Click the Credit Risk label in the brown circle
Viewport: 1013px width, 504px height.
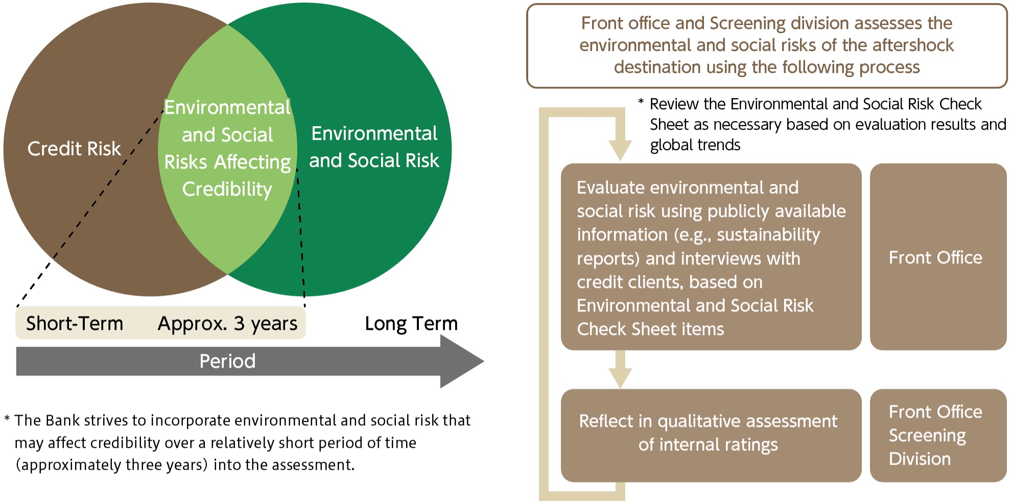click(x=74, y=149)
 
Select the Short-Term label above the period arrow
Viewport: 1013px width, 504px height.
click(x=75, y=323)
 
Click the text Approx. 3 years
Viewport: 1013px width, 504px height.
click(x=227, y=324)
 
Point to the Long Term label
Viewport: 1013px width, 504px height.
click(x=411, y=324)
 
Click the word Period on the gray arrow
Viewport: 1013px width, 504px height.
click(x=227, y=361)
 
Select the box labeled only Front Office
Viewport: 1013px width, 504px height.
click(x=938, y=257)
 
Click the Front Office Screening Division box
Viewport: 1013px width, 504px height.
click(x=938, y=436)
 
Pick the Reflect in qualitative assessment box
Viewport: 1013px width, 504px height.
click(x=711, y=436)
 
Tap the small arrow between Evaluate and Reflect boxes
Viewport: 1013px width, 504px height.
click(x=620, y=369)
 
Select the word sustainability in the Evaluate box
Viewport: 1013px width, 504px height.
click(x=768, y=234)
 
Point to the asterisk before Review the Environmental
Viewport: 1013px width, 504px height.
click(x=641, y=102)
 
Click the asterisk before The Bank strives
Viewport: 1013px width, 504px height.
click(x=7, y=419)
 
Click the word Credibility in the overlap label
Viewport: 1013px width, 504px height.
click(x=227, y=189)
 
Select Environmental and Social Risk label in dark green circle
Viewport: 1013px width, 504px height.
click(x=374, y=147)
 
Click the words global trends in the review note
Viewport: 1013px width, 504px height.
click(x=695, y=145)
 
